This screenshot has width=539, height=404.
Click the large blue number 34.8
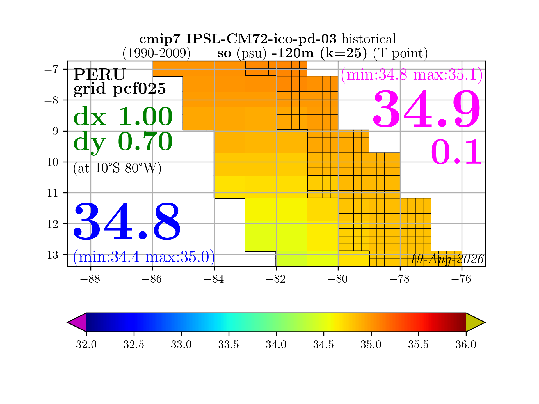point(127,221)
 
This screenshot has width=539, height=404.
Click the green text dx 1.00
point(123,116)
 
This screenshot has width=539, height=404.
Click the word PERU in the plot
point(99,75)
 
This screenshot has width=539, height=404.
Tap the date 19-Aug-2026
point(447,259)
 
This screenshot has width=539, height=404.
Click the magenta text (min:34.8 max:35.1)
point(412,75)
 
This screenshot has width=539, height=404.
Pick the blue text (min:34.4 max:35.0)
point(144,257)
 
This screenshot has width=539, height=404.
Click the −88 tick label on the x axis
point(90,279)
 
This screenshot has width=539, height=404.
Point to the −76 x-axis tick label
point(462,279)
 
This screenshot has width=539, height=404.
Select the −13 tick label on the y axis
point(48,255)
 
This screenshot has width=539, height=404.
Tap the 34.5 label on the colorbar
point(324,344)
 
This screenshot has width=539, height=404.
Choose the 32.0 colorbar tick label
point(86,344)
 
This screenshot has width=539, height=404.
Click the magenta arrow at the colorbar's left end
point(77,322)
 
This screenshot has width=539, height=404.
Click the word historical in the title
point(369,39)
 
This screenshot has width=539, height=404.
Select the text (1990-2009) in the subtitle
point(156,53)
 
